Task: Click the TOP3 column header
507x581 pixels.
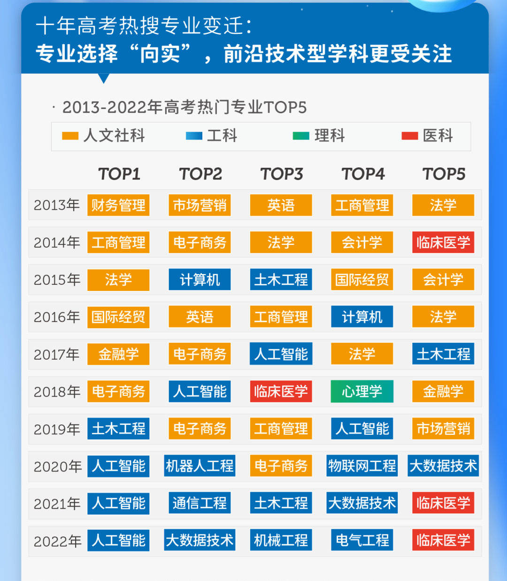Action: (281, 174)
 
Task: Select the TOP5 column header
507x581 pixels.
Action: (444, 174)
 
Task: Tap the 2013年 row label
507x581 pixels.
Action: (56, 205)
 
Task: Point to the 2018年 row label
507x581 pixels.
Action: (56, 392)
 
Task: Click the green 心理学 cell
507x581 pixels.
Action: (362, 392)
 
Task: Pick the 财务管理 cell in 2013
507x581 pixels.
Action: (118, 205)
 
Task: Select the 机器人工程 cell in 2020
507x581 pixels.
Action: (200, 466)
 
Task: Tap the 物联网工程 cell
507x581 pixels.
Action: (362, 466)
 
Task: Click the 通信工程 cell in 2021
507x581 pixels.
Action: (200, 503)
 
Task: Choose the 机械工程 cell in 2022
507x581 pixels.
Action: (281, 540)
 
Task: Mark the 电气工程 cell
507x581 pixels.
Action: (362, 540)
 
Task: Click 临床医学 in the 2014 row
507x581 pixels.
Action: (443, 242)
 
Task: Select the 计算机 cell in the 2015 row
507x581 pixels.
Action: (200, 280)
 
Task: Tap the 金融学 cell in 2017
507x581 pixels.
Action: (118, 354)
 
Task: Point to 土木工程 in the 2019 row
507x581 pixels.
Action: (118, 429)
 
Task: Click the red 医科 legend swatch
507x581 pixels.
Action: (409, 136)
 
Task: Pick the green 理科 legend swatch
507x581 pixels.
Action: (301, 136)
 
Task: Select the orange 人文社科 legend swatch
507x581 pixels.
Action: (70, 136)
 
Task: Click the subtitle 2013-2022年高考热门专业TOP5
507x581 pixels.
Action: (184, 107)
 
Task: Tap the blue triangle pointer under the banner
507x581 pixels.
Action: (104, 78)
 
